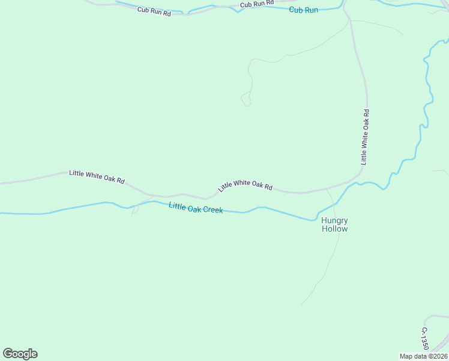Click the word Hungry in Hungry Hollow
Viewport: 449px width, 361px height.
click(334, 220)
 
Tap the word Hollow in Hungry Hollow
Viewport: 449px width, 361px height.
click(334, 229)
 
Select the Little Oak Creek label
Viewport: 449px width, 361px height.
click(196, 208)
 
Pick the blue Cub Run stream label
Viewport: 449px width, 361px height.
click(303, 10)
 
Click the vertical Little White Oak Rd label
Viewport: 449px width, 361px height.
click(364, 137)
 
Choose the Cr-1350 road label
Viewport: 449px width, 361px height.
click(424, 338)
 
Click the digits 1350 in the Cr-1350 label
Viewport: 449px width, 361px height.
click(424, 342)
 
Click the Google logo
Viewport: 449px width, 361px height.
click(20, 354)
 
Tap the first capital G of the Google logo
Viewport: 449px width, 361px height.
click(8, 353)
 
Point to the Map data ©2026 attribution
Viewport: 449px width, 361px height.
click(423, 356)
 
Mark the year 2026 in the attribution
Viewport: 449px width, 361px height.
click(438, 356)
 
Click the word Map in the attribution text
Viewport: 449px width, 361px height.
click(406, 356)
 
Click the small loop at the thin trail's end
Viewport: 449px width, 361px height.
click(246, 100)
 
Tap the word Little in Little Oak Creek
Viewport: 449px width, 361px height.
click(177, 206)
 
